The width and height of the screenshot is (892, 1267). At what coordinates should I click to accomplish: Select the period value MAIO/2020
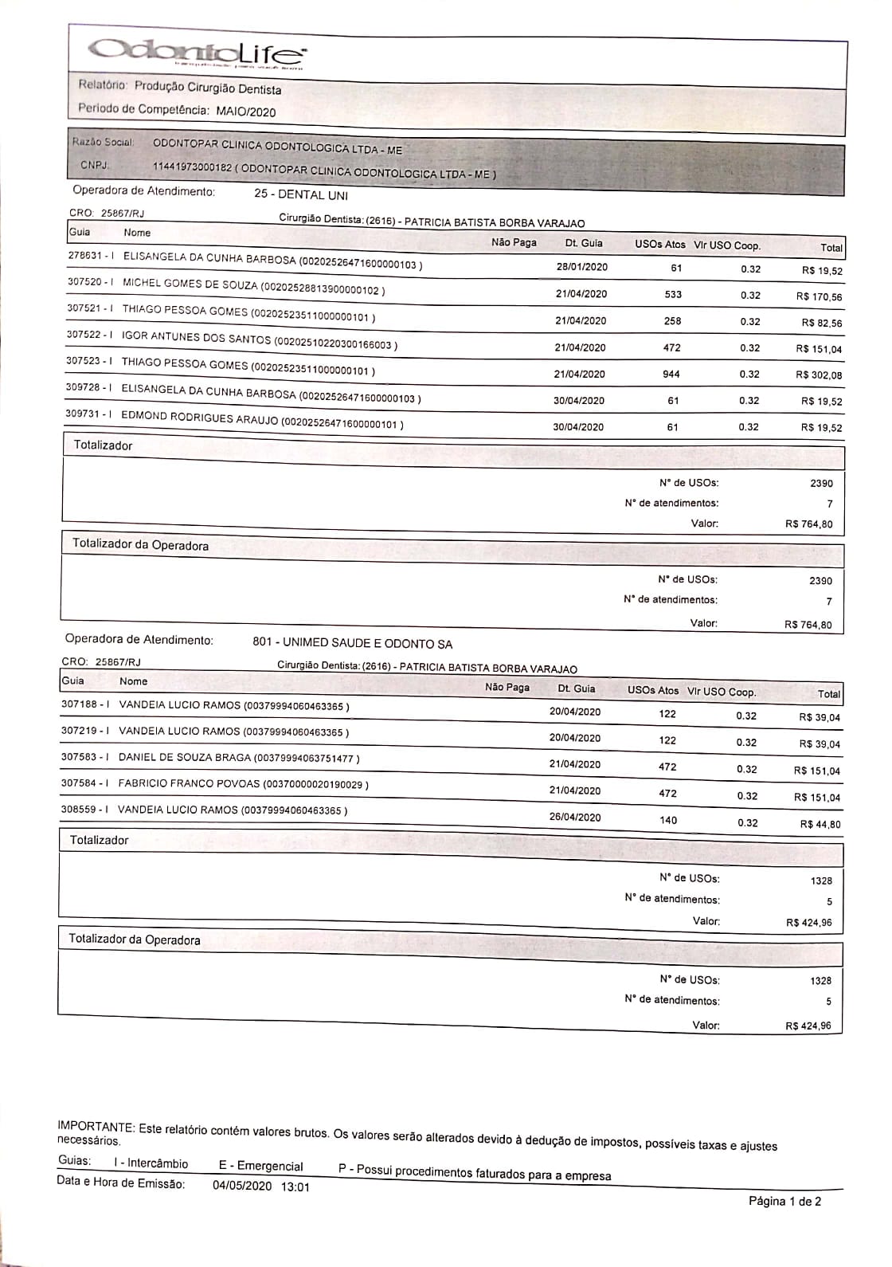(x=246, y=112)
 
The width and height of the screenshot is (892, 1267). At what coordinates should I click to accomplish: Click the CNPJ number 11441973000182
(x=192, y=167)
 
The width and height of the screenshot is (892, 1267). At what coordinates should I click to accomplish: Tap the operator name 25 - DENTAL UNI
(x=301, y=195)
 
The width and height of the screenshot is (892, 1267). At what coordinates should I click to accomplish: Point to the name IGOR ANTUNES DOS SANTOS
(x=196, y=338)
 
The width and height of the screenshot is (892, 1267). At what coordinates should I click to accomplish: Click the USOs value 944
(x=671, y=374)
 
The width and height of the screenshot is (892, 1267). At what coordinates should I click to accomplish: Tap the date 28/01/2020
(x=582, y=267)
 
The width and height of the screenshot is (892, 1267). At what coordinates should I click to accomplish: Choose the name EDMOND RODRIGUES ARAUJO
(x=200, y=419)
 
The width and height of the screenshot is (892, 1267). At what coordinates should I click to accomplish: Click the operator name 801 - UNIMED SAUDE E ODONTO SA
(x=352, y=643)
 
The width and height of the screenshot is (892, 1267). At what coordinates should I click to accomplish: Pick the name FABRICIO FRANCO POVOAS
(x=189, y=783)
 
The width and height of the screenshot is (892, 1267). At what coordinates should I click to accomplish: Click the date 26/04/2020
(x=575, y=818)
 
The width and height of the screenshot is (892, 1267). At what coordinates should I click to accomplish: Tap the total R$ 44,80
(x=820, y=825)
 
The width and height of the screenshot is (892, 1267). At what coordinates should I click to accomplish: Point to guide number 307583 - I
(x=85, y=757)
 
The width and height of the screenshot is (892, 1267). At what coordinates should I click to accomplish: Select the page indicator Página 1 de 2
(x=784, y=1201)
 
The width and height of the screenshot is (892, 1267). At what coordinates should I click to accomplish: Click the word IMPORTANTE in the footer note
(x=95, y=1127)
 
